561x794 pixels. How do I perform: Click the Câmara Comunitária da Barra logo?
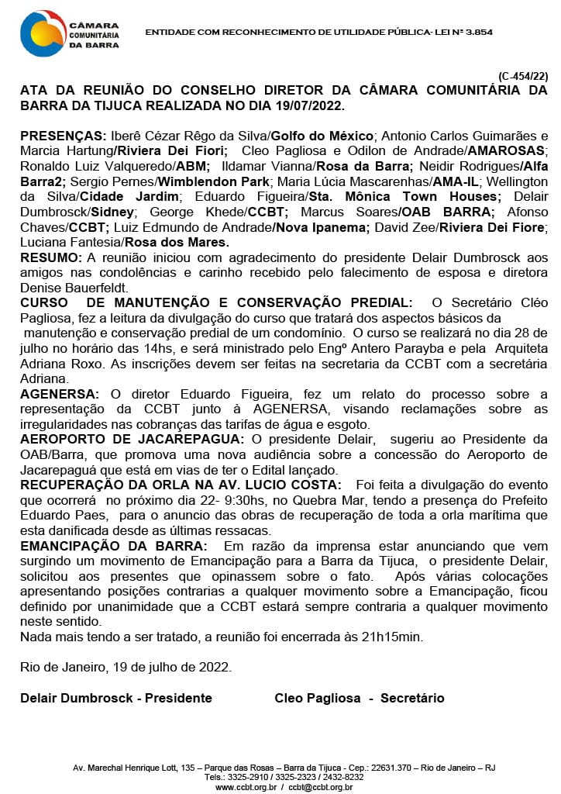pyautogui.click(x=70, y=33)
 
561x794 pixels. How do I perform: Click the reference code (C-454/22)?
pyautogui.click(x=523, y=76)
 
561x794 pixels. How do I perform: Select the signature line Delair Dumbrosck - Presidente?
pyautogui.click(x=116, y=698)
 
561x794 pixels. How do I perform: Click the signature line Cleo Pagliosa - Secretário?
pyautogui.click(x=360, y=698)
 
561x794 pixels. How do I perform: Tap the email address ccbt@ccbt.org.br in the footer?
pyautogui.click(x=320, y=787)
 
